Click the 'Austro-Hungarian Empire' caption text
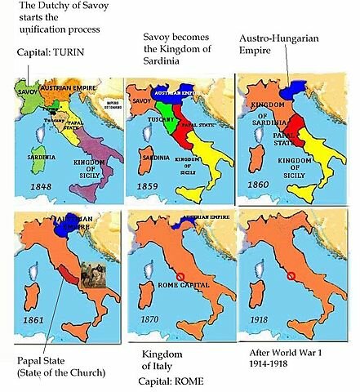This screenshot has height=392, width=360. pos(279,46)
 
